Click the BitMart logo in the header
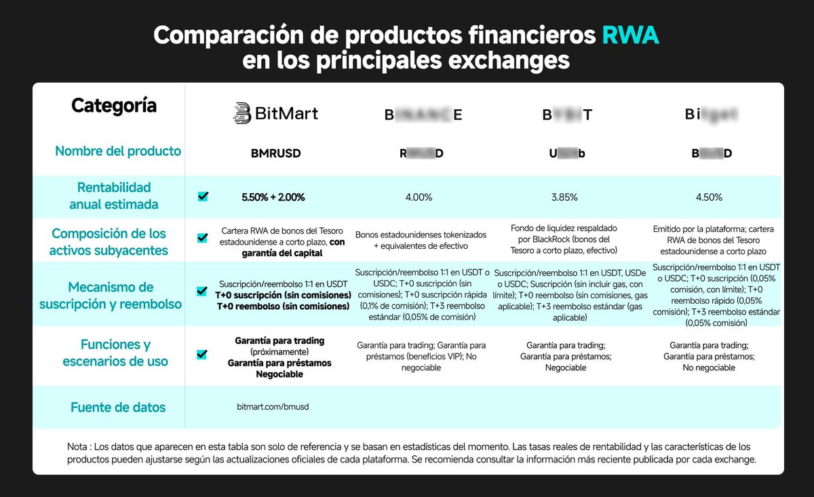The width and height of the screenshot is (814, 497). coord(275,113)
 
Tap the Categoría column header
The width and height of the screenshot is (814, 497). coord(114,106)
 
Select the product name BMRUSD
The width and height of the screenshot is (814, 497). coord(275,153)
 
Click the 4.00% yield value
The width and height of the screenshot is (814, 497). coord(419,197)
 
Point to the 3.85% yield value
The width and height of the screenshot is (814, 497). coord(564,197)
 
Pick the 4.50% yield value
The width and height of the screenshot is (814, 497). coord(709,197)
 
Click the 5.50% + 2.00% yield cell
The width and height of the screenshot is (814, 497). coord(273,197)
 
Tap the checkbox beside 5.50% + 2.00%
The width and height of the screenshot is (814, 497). coord(203,197)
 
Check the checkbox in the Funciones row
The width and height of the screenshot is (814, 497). coord(201,354)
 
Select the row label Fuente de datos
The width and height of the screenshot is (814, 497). coord(118,407)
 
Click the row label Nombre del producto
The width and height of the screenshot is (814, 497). coord(118,151)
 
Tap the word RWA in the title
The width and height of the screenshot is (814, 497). coord(630,35)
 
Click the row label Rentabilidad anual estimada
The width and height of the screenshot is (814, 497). coord(114,195)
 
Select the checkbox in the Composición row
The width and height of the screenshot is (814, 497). coord(201,238)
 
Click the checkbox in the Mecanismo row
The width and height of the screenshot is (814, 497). coord(201,292)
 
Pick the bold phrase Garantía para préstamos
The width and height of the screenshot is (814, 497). coord(279,363)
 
